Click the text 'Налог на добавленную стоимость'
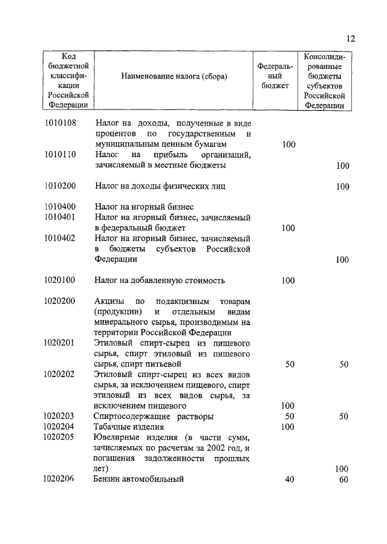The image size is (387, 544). [160, 280]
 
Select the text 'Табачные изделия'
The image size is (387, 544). [125, 427]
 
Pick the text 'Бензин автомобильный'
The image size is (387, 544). [138, 479]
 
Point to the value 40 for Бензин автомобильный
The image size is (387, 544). [289, 479]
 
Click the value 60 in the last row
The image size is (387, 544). [343, 479]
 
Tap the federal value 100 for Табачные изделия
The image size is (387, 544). [288, 427]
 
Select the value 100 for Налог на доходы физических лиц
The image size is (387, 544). [342, 186]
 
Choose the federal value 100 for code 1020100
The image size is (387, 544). [288, 280]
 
